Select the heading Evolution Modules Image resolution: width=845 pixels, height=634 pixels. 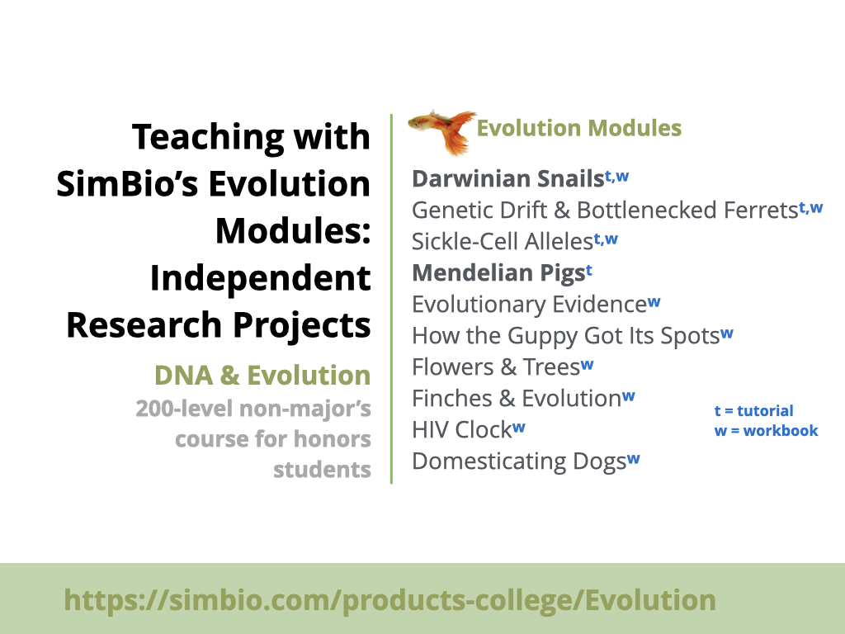[x=579, y=128]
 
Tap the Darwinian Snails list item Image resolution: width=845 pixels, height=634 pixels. [x=520, y=179]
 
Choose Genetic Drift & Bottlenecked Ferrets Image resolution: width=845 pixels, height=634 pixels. [x=617, y=211]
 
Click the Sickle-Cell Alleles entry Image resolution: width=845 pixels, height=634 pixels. [x=515, y=242]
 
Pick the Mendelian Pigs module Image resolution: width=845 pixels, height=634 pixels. [x=503, y=273]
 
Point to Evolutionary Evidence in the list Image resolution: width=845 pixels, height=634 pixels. [x=536, y=305]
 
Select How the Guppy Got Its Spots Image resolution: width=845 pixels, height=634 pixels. [x=573, y=336]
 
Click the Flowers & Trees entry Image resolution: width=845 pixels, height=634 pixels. [x=503, y=367]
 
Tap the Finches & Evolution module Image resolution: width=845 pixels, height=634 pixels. [x=523, y=399]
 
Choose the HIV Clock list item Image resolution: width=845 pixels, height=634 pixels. [x=469, y=429]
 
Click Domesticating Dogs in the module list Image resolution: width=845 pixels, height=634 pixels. [x=526, y=461]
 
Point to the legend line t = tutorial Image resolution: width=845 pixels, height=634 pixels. [x=754, y=411]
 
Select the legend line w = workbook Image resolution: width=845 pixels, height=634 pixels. [x=767, y=431]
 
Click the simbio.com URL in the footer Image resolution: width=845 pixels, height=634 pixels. [x=389, y=600]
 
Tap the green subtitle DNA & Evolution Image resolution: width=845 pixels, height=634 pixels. [x=262, y=376]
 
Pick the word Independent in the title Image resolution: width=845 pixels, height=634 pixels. [x=260, y=278]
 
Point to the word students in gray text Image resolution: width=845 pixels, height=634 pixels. [x=323, y=470]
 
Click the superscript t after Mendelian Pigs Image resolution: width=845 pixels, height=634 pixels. [x=589, y=271]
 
